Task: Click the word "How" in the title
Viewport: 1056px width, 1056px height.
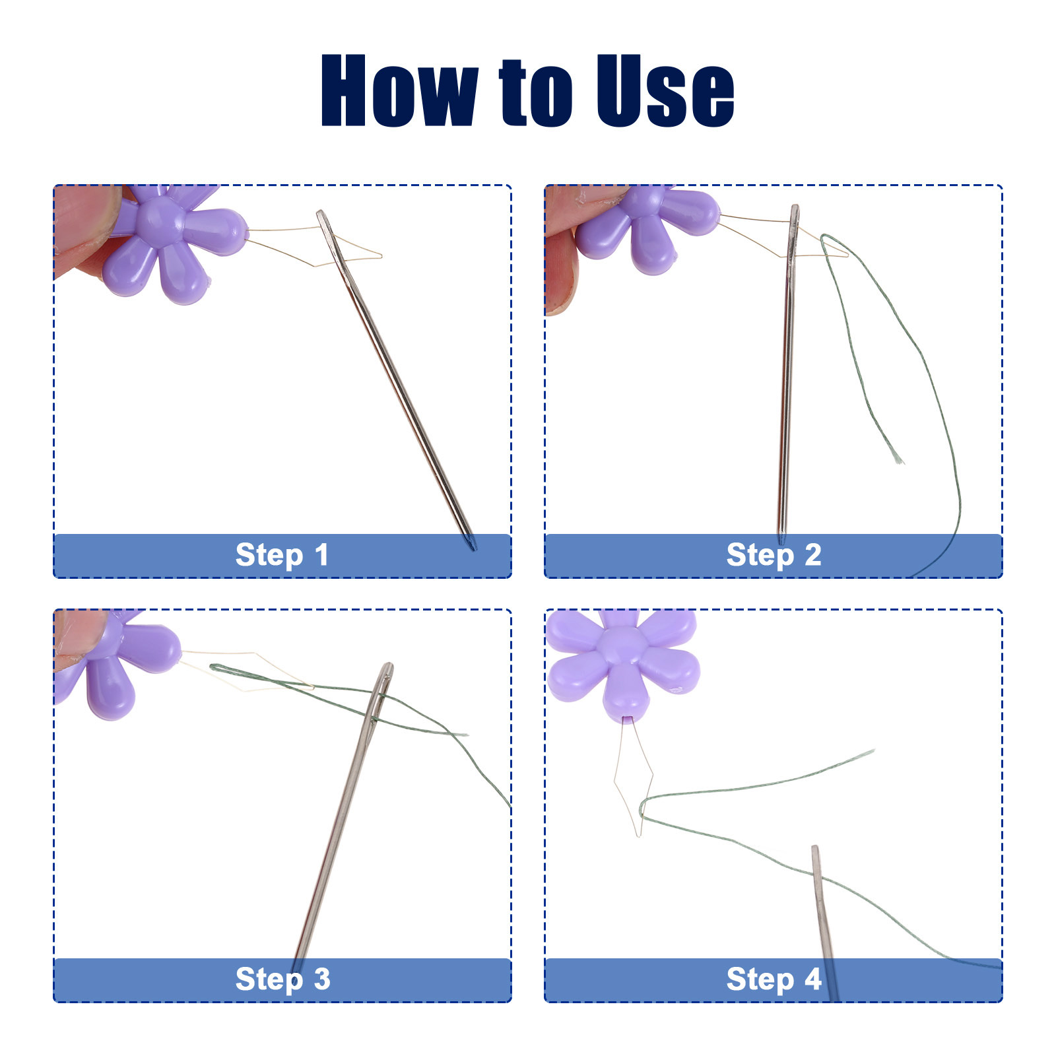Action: (399, 90)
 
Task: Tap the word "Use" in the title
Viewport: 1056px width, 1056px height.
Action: (665, 90)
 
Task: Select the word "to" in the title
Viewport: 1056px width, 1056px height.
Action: (536, 92)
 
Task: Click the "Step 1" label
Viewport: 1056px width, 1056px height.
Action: (282, 554)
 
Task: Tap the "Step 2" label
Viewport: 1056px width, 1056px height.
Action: (774, 554)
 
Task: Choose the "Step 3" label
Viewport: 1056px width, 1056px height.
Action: (282, 979)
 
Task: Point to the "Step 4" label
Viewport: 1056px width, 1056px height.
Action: (774, 979)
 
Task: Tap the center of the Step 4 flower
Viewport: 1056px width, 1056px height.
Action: (622, 647)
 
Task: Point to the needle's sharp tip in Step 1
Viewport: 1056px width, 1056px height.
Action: (473, 548)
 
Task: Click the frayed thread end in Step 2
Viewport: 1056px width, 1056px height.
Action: (898, 457)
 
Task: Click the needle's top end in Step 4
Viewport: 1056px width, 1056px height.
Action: (814, 848)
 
